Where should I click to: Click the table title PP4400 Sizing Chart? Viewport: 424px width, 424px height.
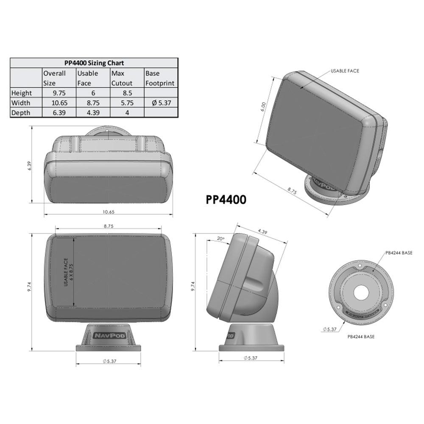pyautogui.click(x=93, y=63)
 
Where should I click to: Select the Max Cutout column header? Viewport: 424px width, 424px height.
pyautogui.click(x=122, y=78)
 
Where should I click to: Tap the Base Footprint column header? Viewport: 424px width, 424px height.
pyautogui.click(x=160, y=78)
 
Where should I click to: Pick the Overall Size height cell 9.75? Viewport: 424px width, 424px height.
pyautogui.click(x=59, y=93)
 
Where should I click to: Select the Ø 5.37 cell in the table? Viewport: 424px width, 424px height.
pyautogui.click(x=160, y=103)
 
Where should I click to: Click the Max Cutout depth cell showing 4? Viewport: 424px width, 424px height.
pyautogui.click(x=127, y=112)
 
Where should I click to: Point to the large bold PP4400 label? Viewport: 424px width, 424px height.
pyautogui.click(x=226, y=200)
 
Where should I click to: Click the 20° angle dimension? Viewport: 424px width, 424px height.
pyautogui.click(x=220, y=239)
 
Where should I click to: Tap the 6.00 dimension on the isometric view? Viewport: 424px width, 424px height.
pyautogui.click(x=262, y=105)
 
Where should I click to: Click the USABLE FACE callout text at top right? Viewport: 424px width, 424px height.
pyautogui.click(x=345, y=71)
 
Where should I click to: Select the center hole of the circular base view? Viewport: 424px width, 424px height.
pyautogui.click(x=361, y=291)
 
